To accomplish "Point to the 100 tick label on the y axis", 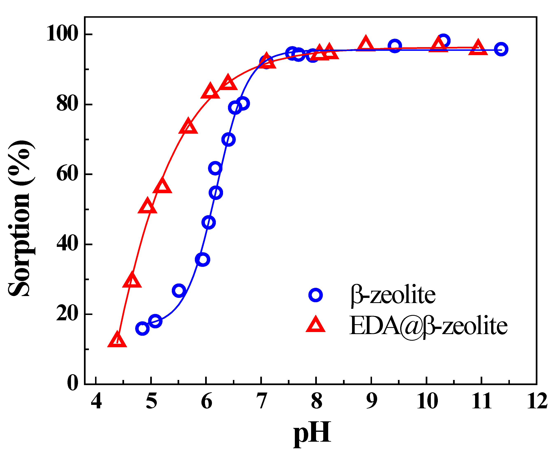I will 62,34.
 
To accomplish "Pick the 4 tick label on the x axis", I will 96,401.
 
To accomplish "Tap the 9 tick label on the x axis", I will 371,401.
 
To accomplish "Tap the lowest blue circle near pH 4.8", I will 142,328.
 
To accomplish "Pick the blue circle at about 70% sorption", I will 228,140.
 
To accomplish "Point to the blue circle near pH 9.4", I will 395,46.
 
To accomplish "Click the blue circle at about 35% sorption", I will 202,259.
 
